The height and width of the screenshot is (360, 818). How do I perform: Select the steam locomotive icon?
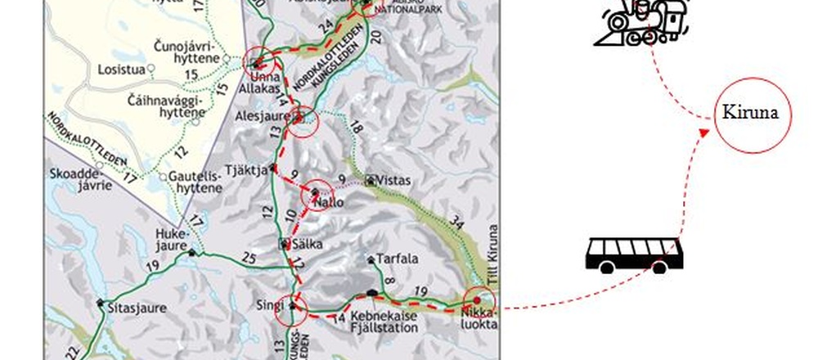(646, 23)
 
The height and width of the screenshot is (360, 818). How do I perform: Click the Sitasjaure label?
(137, 308)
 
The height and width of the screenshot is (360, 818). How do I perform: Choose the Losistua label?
(120, 70)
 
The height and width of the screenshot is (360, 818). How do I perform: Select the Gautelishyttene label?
(196, 182)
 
